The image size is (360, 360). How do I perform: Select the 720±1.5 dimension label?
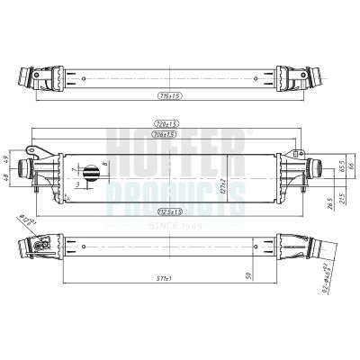(x=166, y=123)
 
